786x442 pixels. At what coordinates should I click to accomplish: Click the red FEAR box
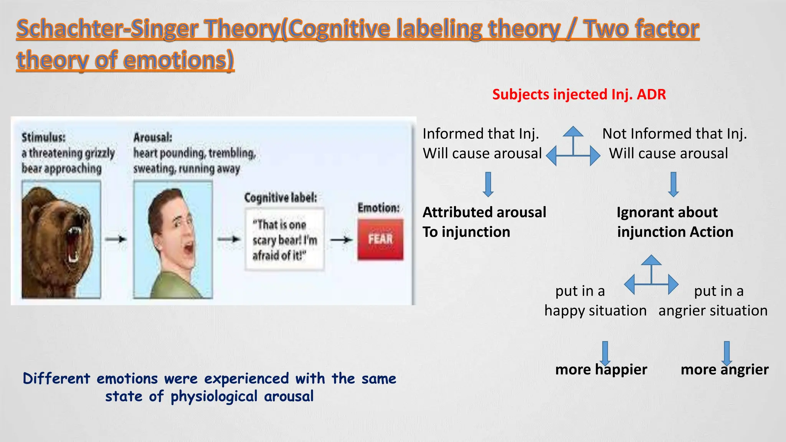click(380, 239)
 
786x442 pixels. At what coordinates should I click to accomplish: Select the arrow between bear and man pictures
click(116, 239)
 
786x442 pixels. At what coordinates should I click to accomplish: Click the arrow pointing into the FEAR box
click(341, 240)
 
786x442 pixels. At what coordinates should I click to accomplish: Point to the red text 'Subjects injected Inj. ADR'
click(579, 94)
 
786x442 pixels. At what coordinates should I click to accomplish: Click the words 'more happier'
click(601, 369)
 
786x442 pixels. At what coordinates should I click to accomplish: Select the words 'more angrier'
click(724, 369)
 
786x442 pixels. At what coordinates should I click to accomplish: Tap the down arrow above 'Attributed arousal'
click(488, 185)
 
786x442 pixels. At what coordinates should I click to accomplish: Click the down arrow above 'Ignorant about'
click(673, 185)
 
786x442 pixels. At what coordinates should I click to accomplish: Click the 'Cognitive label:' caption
click(281, 198)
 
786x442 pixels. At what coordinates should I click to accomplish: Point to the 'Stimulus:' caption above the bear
click(43, 137)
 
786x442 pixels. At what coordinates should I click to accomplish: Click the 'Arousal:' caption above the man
click(153, 137)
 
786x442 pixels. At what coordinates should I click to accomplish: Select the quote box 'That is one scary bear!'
click(284, 239)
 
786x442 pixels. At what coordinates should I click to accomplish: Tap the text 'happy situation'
click(595, 310)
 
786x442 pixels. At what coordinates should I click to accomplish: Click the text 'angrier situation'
click(713, 310)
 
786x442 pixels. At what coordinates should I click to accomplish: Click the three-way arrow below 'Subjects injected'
click(573, 148)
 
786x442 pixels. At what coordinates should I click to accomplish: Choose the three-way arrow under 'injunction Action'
click(651, 277)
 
